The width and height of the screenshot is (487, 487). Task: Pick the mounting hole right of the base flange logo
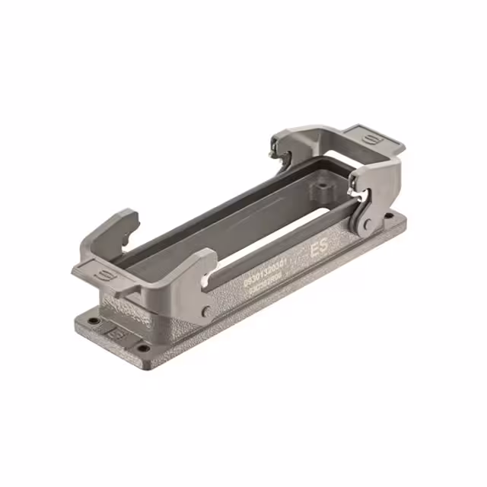[142, 349]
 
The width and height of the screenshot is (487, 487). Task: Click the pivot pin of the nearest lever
[207, 310]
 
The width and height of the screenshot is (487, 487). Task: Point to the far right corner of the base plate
[405, 221]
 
